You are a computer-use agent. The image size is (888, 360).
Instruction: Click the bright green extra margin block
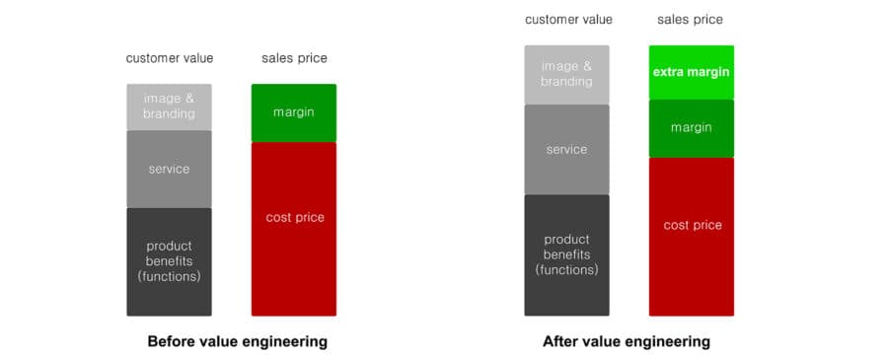[691, 72]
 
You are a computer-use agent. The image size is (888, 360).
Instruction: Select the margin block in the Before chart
[293, 112]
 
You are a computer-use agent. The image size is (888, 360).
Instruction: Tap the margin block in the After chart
[691, 128]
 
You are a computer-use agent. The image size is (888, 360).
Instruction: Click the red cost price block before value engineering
[293, 229]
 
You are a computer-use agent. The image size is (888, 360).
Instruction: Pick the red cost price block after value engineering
[691, 237]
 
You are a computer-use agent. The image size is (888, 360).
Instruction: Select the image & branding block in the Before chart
[169, 107]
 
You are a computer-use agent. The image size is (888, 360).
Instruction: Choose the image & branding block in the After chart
[566, 75]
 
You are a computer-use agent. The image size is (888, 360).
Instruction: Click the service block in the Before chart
[169, 170]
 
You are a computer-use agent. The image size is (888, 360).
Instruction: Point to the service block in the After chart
[566, 150]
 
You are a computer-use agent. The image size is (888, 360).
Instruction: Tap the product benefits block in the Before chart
[169, 261]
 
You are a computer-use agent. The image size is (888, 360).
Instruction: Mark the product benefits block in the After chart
[566, 255]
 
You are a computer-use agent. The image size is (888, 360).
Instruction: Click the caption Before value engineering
[237, 342]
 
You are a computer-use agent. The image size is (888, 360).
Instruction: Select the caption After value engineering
[627, 342]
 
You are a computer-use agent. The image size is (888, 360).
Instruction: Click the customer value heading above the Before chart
[170, 58]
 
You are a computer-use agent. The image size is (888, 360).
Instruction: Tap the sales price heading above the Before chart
[294, 58]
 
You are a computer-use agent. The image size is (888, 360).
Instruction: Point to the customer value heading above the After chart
[568, 20]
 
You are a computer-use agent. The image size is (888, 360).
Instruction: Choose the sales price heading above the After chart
[690, 20]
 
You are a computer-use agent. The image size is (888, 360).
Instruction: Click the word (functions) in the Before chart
[169, 277]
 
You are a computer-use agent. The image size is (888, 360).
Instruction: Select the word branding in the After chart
[566, 82]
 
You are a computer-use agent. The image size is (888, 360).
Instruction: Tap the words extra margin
[691, 72]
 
